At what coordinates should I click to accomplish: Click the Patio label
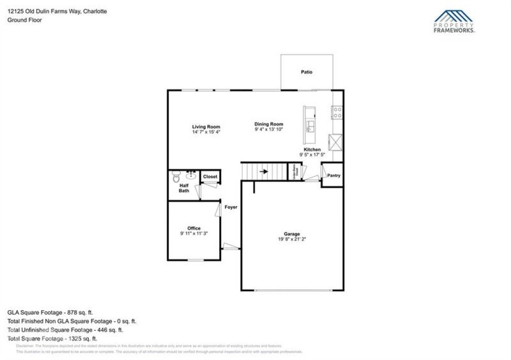[x=307, y=72]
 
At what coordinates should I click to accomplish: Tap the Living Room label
[x=206, y=126]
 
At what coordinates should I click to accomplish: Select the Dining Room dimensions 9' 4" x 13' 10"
[x=268, y=130]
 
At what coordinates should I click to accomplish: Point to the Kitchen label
[x=312, y=149]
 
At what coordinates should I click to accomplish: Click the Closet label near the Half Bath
[x=210, y=176]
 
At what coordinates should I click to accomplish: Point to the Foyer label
[x=231, y=207]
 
